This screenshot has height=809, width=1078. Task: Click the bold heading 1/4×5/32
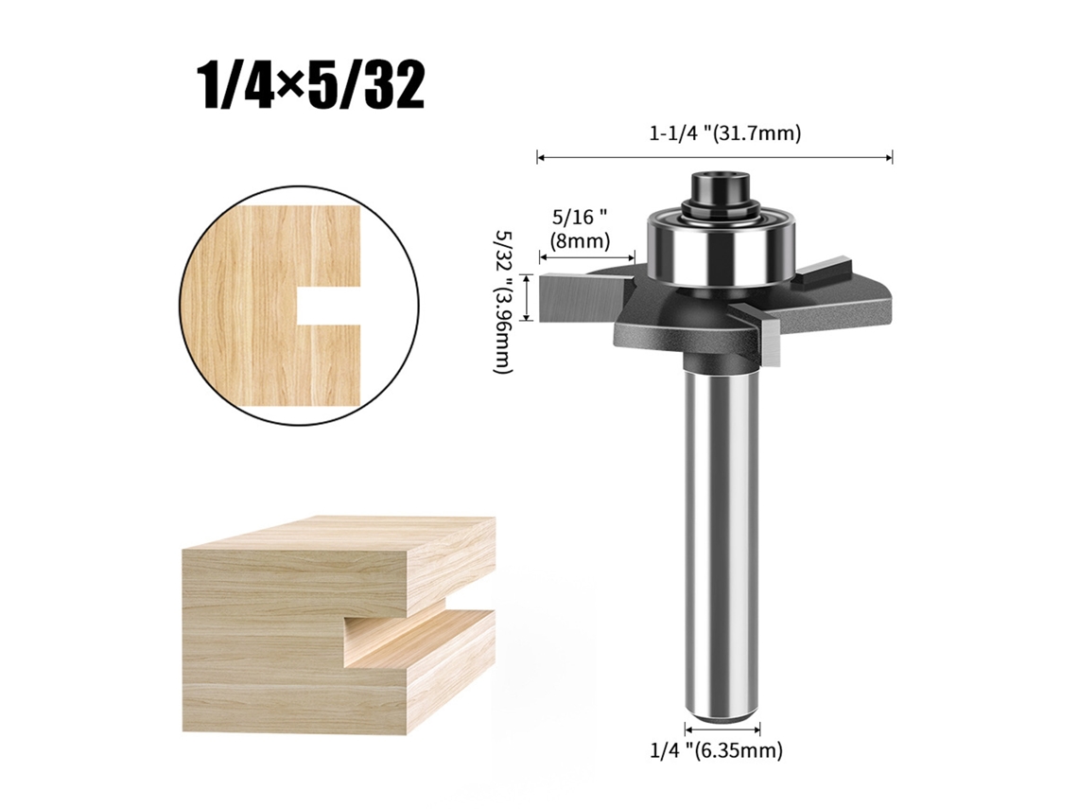coord(311,88)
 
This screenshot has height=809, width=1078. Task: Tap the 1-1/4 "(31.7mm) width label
coord(725,133)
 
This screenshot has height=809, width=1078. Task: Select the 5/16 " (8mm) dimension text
coord(581,229)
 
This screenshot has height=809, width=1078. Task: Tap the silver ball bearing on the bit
coord(721,248)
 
